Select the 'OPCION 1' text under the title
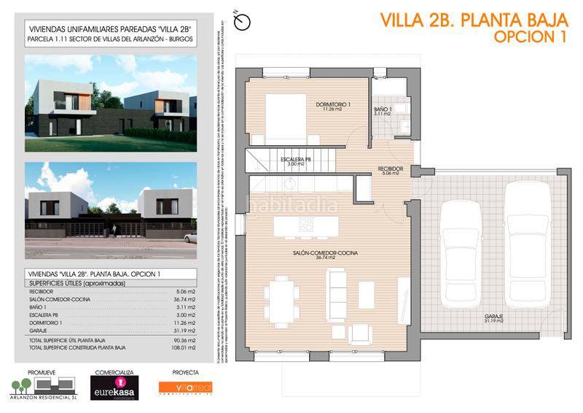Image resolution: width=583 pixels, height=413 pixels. (530, 37)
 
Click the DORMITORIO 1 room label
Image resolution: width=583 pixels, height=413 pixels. (333, 105)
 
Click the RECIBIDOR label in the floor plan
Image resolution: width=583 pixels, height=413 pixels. (390, 170)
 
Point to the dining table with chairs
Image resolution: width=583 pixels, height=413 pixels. (281, 298)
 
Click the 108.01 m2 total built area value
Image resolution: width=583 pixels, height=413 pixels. (182, 348)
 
